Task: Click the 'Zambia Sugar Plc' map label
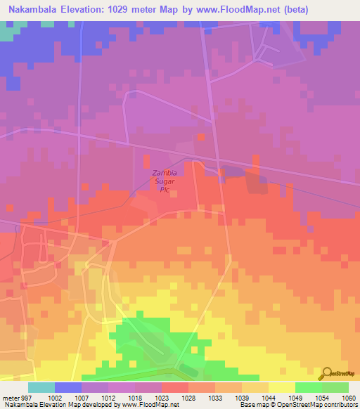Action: (165, 181)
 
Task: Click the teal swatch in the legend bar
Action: (41, 387)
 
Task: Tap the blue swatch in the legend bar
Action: (67, 387)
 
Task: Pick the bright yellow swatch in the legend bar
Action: (281, 387)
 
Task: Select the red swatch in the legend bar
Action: (174, 387)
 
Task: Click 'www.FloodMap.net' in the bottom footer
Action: (149, 405)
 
